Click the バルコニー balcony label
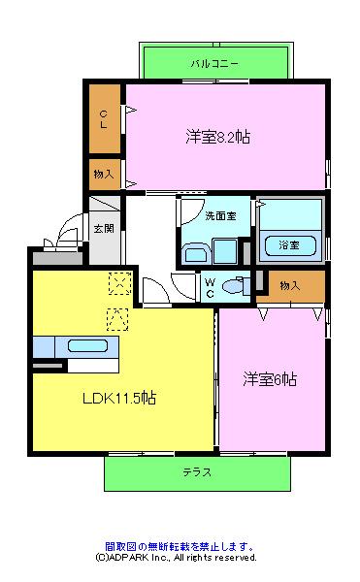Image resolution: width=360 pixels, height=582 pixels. (x=214, y=64)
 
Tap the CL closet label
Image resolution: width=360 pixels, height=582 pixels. (x=104, y=119)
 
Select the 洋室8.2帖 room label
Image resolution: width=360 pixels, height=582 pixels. (x=218, y=137)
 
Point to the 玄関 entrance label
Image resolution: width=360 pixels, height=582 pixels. (x=104, y=228)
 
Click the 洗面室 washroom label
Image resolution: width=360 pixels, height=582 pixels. (x=221, y=215)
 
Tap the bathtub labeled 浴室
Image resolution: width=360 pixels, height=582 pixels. (x=290, y=245)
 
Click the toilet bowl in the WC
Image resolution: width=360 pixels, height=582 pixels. (x=233, y=286)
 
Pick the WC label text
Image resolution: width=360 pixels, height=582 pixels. (x=210, y=288)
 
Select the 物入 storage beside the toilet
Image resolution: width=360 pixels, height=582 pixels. (x=290, y=286)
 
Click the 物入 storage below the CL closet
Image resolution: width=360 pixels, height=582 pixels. (x=104, y=174)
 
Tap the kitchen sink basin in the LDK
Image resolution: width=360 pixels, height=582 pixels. (x=87, y=346)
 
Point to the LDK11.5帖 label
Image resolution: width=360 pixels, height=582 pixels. (x=119, y=398)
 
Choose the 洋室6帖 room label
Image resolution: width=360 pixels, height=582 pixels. (x=270, y=379)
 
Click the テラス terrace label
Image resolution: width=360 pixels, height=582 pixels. (x=197, y=472)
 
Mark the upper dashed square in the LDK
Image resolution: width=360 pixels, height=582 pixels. (x=120, y=283)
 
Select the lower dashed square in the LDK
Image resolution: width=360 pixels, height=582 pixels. (x=117, y=319)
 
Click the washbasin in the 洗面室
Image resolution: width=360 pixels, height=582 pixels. (x=196, y=253)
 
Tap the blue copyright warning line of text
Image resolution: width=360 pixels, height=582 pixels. (x=180, y=546)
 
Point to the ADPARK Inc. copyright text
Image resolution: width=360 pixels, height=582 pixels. (x=176, y=557)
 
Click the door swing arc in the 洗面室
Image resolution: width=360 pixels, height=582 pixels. (x=196, y=216)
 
